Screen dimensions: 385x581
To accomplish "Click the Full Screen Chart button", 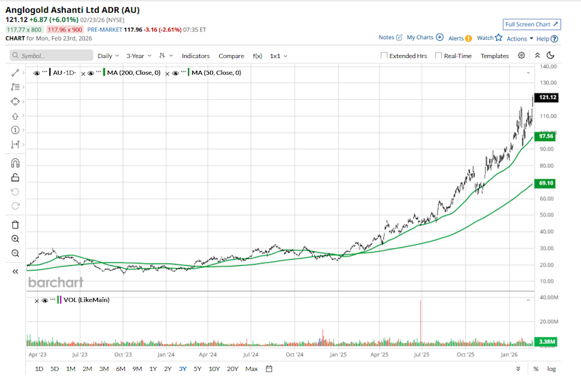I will [x=531, y=24].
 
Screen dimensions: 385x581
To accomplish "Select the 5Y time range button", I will [x=197, y=369].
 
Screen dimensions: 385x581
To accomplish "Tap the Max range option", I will [x=251, y=369].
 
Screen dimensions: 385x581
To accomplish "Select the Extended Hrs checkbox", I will [x=384, y=56].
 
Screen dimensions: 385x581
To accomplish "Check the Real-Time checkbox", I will [x=439, y=56].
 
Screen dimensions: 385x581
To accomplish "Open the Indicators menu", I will [x=196, y=56].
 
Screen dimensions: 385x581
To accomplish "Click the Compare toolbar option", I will [x=231, y=56].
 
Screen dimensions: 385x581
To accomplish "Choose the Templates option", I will [x=494, y=56].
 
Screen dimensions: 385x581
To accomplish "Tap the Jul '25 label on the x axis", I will [x=421, y=355].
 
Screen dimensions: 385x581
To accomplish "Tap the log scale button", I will [x=551, y=369].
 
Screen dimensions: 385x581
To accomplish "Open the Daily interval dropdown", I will [x=108, y=56].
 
